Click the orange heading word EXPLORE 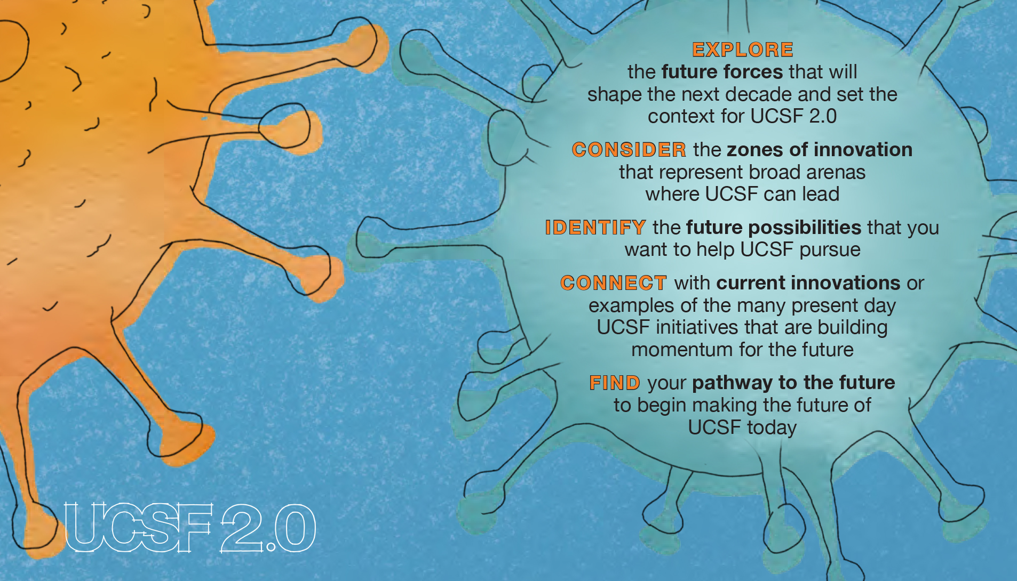click(x=742, y=50)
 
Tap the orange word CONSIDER click(x=629, y=150)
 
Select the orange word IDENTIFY click(x=595, y=228)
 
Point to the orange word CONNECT click(x=614, y=283)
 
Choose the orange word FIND click(x=615, y=383)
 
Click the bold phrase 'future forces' click(x=722, y=72)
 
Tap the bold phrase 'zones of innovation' click(x=820, y=150)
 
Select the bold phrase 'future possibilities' click(x=774, y=228)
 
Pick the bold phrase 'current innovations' click(x=808, y=283)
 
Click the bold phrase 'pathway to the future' click(x=793, y=383)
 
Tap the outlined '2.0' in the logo click(x=268, y=528)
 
